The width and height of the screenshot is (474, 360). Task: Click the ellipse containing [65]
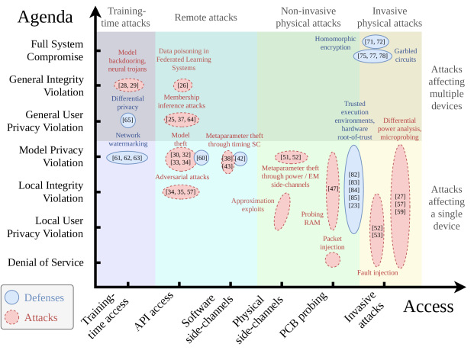click(x=128, y=121)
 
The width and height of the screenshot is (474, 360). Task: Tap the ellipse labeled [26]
click(x=182, y=85)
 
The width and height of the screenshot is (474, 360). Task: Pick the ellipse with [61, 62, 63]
click(x=127, y=158)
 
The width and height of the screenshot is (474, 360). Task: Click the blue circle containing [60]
click(x=202, y=158)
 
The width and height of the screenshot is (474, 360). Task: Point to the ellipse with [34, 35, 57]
click(x=181, y=191)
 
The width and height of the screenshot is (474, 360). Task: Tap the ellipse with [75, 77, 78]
click(x=372, y=56)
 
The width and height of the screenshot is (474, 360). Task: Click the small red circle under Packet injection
click(x=333, y=260)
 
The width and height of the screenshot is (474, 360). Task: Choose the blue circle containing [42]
click(x=240, y=159)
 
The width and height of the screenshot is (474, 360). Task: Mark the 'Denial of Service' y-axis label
click(x=46, y=262)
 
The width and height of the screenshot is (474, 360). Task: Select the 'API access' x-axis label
click(x=153, y=311)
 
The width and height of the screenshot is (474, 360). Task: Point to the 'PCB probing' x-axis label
click(x=303, y=315)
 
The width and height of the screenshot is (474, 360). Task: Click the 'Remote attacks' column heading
click(x=206, y=18)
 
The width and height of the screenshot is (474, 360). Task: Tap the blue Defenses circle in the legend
click(x=11, y=297)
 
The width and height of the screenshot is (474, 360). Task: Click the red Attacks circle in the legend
click(x=11, y=317)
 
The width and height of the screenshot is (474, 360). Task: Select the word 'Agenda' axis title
click(x=45, y=17)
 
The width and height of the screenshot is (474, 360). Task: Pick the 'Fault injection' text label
click(x=378, y=273)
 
